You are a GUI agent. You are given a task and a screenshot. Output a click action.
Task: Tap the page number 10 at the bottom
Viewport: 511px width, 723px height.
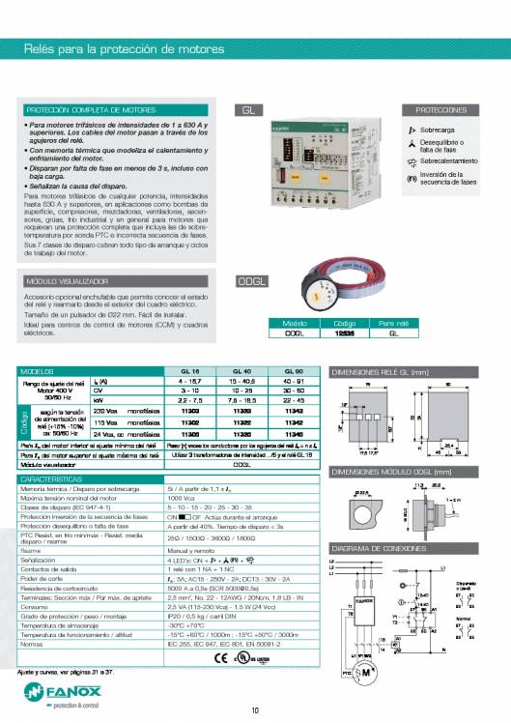click(x=255, y=711)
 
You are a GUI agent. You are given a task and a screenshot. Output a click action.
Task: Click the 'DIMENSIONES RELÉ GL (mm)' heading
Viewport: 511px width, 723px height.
click(x=385, y=371)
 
